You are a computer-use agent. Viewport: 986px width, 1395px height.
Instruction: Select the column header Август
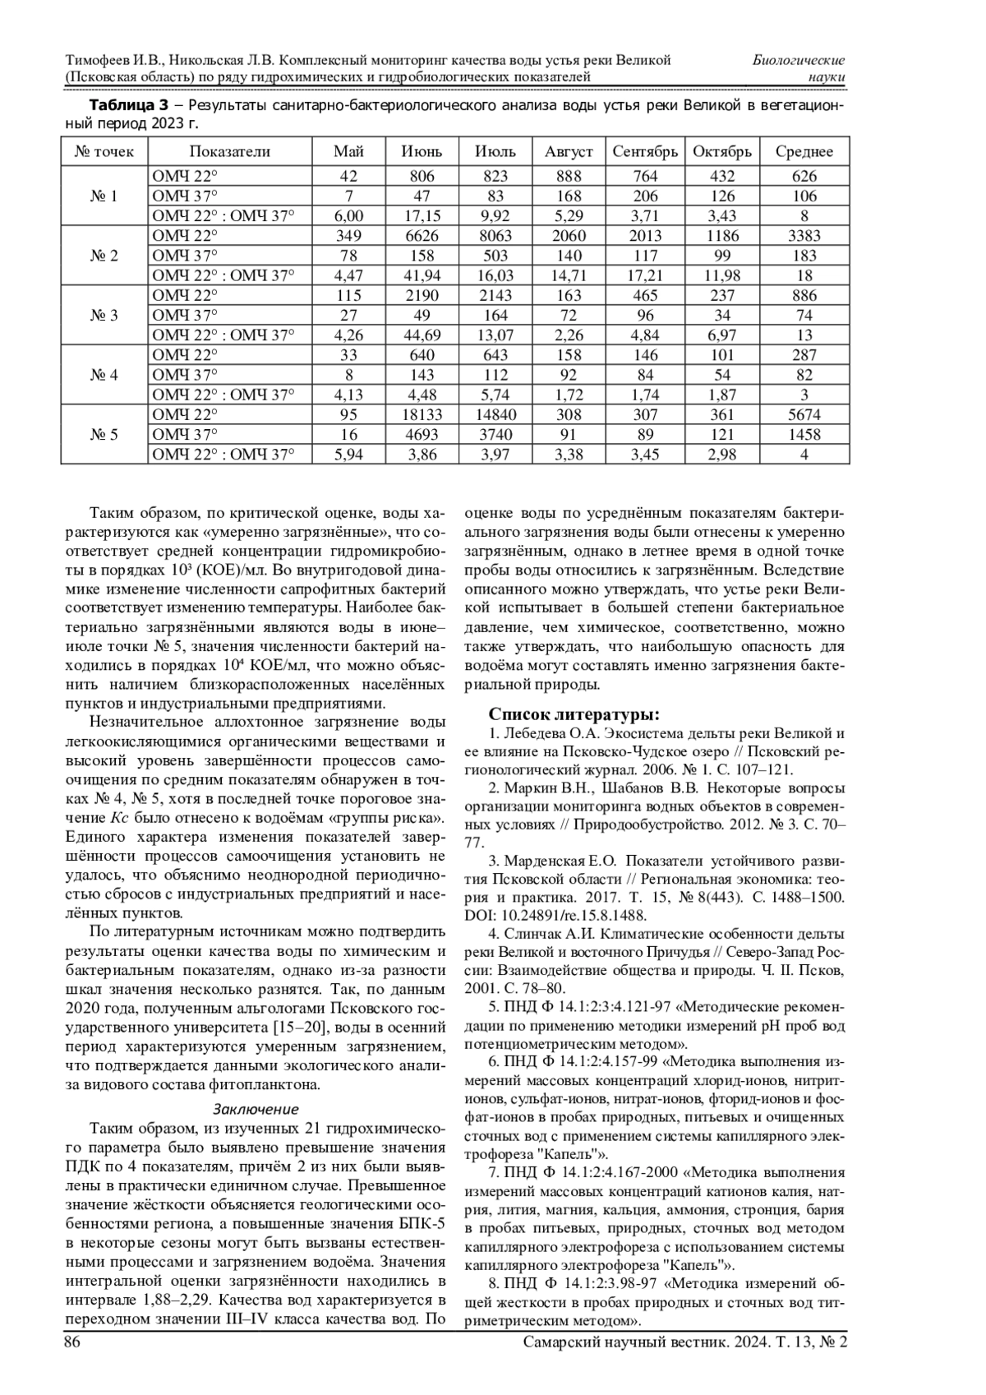[569, 151]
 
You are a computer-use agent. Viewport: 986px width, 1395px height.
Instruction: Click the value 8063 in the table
[495, 236]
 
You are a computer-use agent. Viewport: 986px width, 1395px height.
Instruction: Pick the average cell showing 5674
[804, 414]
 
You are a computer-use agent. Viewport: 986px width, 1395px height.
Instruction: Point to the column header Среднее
[804, 151]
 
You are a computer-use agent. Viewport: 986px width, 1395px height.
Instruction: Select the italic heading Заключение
[256, 1109]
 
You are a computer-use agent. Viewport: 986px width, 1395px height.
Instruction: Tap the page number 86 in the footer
[72, 1342]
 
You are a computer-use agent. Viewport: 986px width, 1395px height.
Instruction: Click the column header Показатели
[229, 151]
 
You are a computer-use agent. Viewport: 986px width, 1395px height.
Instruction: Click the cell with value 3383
[804, 236]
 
